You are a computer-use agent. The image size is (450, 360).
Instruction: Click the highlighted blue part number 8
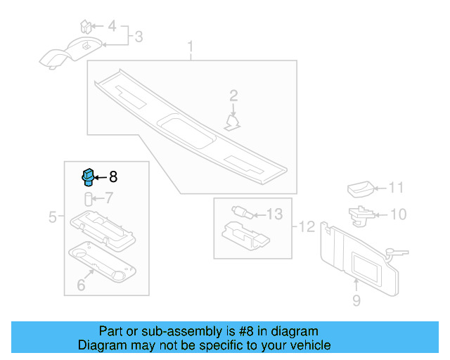[x=88, y=176]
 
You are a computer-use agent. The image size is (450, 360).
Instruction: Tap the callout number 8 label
[x=113, y=178]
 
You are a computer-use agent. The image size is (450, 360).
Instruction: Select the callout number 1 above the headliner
[x=189, y=48]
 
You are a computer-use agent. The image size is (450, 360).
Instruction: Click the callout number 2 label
[x=233, y=95]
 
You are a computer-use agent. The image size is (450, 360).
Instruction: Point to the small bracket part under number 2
[x=232, y=122]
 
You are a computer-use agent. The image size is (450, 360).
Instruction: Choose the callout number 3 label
[x=139, y=36]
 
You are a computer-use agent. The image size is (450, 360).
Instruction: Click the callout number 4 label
[x=112, y=27]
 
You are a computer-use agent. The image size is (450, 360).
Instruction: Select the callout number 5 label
[x=53, y=218]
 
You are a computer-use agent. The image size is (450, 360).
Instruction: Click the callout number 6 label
[x=81, y=285]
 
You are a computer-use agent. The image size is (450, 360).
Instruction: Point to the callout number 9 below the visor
[x=356, y=301]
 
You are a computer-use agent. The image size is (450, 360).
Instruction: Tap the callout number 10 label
[x=398, y=214]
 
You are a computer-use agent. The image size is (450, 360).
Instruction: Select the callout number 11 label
[x=397, y=188]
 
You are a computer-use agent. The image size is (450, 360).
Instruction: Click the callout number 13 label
[x=274, y=213]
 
